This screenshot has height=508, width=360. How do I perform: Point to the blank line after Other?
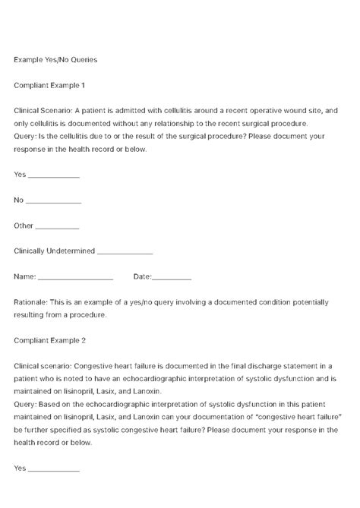coord(57,227)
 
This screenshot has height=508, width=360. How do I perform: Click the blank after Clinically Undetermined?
coord(125,252)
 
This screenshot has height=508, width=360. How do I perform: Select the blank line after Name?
coord(75,278)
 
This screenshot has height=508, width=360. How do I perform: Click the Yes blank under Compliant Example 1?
coord(53,175)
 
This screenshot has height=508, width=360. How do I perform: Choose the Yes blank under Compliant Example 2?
coord(53,469)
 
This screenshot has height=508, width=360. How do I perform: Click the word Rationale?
coord(31,302)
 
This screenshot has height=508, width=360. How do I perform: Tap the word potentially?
coord(307,302)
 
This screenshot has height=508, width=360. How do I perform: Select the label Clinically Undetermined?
coord(53,252)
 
